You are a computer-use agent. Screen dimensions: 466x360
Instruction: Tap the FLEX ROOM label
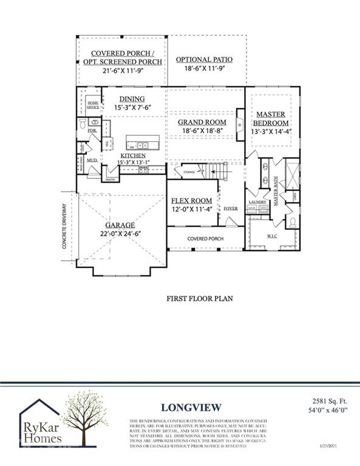pos(191,201)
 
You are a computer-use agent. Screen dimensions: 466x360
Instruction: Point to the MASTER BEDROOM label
pos(271,119)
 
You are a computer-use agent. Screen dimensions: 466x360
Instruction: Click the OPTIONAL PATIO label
pos(205,59)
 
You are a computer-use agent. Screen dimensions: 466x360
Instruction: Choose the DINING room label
pos(132,99)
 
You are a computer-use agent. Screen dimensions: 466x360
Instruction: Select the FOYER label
pos(231,208)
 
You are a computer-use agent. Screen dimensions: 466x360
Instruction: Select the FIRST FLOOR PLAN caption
pos(200,299)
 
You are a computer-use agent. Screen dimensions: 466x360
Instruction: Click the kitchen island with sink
pos(143,146)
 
